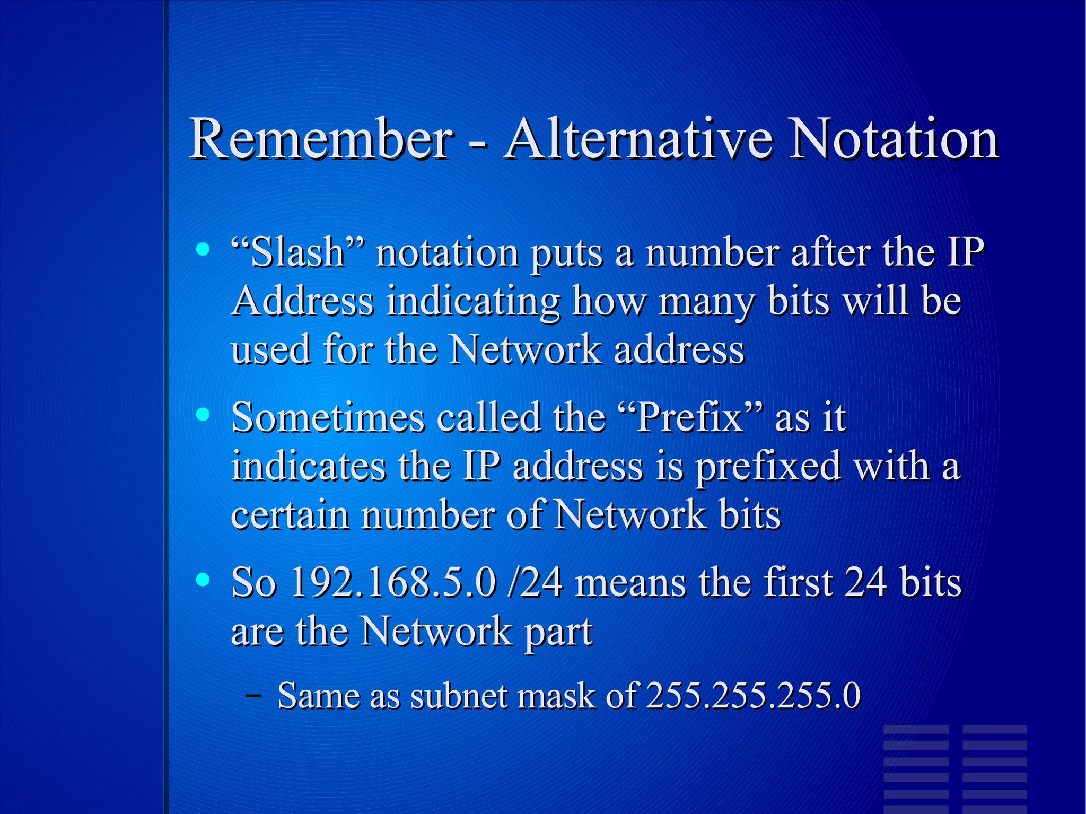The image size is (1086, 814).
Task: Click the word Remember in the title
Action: pos(321,139)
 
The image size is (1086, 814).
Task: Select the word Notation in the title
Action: pos(894,139)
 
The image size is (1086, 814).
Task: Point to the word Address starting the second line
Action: pos(303,301)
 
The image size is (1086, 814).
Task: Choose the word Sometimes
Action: pos(328,417)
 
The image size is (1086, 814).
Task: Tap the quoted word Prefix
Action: pos(693,417)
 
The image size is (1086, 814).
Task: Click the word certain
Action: pos(290,515)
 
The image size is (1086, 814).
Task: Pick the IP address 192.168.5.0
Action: pos(393,582)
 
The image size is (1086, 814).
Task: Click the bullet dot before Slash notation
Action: pos(202,249)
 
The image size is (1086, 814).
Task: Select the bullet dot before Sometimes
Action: pos(202,414)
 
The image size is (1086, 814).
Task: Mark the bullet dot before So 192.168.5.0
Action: pos(202,580)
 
